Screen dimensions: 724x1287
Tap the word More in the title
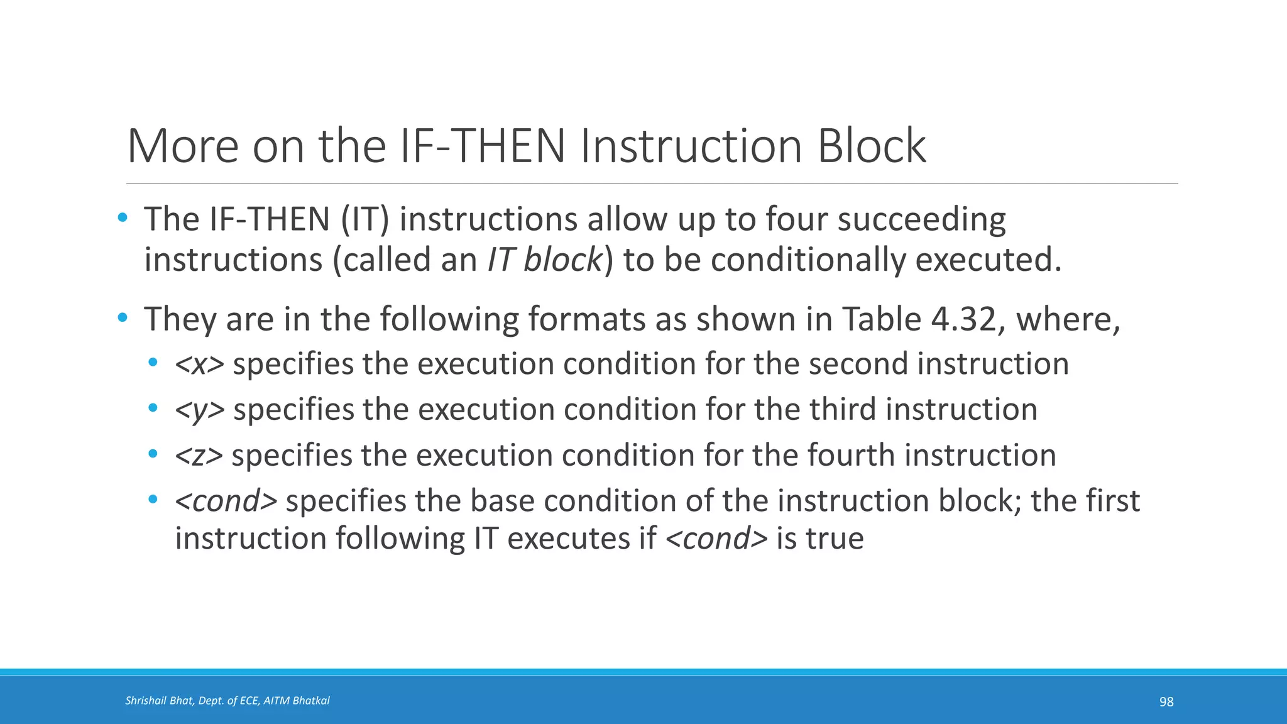(x=183, y=146)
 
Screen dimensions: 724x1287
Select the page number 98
(x=1166, y=702)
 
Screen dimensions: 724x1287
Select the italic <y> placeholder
(x=199, y=410)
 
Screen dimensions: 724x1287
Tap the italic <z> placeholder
(x=199, y=455)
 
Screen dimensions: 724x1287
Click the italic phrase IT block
(x=544, y=260)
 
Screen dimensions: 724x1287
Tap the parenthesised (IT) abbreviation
(x=365, y=219)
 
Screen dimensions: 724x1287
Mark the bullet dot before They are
(x=123, y=318)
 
